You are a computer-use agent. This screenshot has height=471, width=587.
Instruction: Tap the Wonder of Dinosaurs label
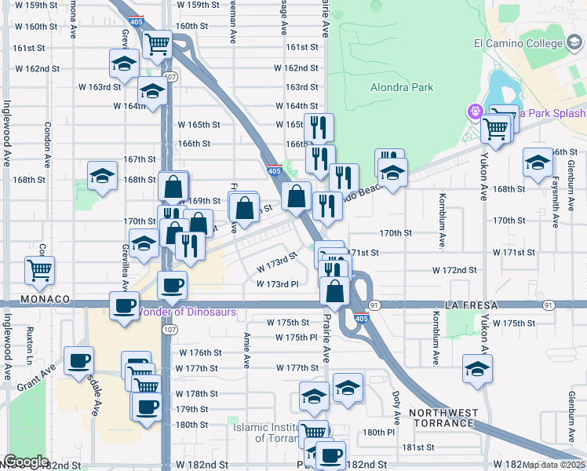pos(189,312)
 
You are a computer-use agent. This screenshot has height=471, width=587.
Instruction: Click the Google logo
pos(25,462)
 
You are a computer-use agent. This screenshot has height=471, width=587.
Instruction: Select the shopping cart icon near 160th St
pos(158,43)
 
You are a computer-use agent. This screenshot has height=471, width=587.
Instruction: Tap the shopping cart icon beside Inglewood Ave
pos(39,270)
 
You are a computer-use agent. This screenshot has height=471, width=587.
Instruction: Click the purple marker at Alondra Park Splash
pos(474,112)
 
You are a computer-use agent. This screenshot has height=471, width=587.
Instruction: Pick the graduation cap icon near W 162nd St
pos(124,64)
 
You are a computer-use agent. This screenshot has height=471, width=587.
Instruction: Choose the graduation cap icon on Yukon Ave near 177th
pos(477,368)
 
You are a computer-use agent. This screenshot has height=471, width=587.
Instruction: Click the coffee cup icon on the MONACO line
pos(122,305)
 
